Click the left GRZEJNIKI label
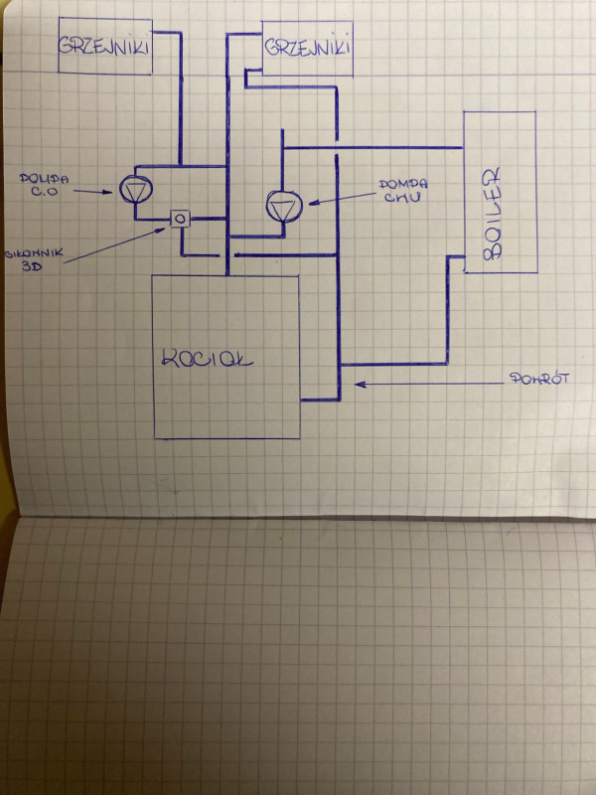pyautogui.click(x=104, y=46)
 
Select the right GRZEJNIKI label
pyautogui.click(x=308, y=46)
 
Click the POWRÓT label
pyautogui.click(x=537, y=379)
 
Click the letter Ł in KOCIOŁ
pyautogui.click(x=248, y=356)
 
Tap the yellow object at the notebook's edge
pyautogui.click(x=5, y=497)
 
